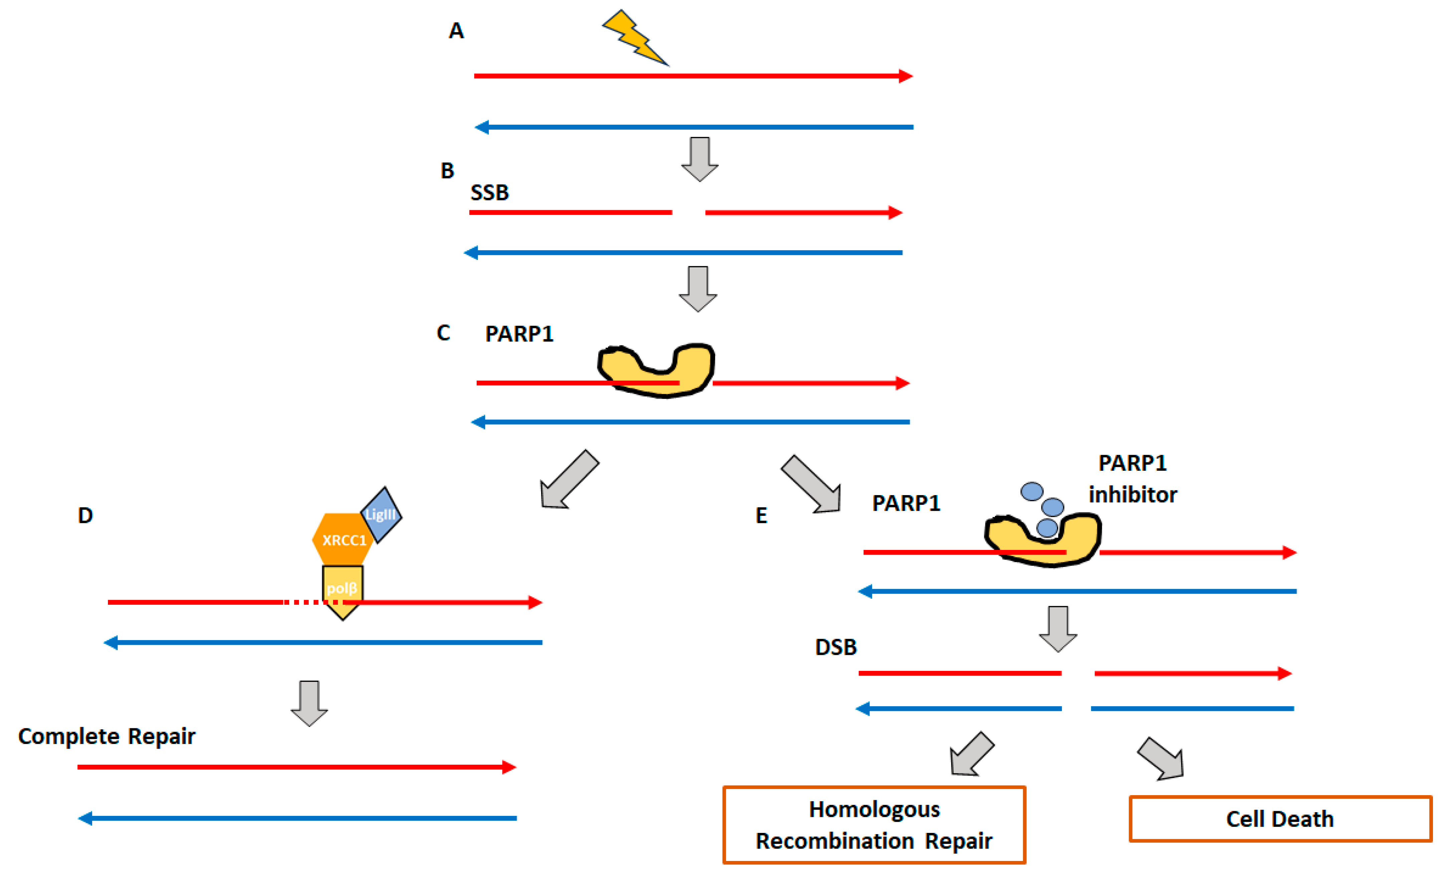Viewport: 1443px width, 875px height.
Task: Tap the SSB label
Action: coord(490,193)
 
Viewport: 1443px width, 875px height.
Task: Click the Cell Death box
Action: coord(1280,819)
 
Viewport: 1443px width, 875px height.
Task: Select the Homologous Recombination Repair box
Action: coord(874,825)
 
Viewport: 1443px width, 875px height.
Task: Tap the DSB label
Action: coord(836,647)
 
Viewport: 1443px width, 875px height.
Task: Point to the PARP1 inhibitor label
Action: coord(1133,478)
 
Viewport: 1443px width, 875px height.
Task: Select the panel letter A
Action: coord(456,30)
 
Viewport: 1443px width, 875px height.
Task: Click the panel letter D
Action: coord(86,516)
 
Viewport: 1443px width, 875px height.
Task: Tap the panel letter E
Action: coord(761,516)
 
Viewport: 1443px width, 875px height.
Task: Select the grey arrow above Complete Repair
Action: coord(309,703)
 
